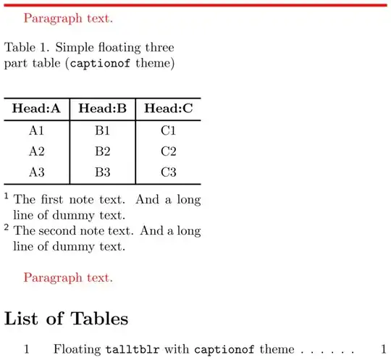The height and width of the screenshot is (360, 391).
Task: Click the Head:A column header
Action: point(36,109)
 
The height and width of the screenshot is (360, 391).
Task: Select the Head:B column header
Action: point(102,109)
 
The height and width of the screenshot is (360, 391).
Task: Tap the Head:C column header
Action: point(169,109)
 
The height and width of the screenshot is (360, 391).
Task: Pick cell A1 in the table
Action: point(36,131)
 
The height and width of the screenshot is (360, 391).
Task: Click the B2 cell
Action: point(102,151)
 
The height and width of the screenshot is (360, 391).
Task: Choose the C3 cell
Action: point(169,172)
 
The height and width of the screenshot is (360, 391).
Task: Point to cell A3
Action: point(36,172)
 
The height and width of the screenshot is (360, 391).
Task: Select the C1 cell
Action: point(169,131)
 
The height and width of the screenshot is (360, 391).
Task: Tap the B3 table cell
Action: point(102,172)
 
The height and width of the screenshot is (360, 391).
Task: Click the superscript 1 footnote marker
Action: point(7,196)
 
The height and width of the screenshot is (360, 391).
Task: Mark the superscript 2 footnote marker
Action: point(7,228)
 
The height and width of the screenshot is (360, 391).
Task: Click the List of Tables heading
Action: point(67,318)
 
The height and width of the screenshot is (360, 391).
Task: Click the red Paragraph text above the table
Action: point(68,17)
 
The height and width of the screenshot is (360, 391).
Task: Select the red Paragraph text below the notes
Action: point(68,277)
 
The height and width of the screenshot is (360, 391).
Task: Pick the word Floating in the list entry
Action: point(77,349)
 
